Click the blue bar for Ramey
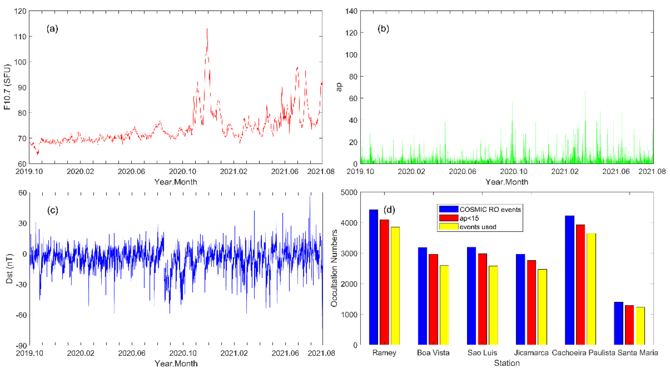tap(374, 277)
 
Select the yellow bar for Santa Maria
tap(640, 326)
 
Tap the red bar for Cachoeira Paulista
tap(581, 285)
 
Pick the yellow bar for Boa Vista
tap(444, 305)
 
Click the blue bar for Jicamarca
tap(520, 299)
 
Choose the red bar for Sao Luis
tap(482, 299)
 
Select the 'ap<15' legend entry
tap(469, 218)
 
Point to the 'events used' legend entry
tap(478, 227)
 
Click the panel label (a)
tap(52, 28)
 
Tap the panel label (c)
tap(53, 210)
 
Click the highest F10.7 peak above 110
tap(207, 29)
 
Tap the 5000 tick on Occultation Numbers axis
tap(349, 192)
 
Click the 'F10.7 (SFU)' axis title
tap(7, 87)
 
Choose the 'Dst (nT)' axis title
tap(9, 269)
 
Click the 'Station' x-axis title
tap(506, 363)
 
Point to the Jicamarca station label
tap(531, 353)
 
